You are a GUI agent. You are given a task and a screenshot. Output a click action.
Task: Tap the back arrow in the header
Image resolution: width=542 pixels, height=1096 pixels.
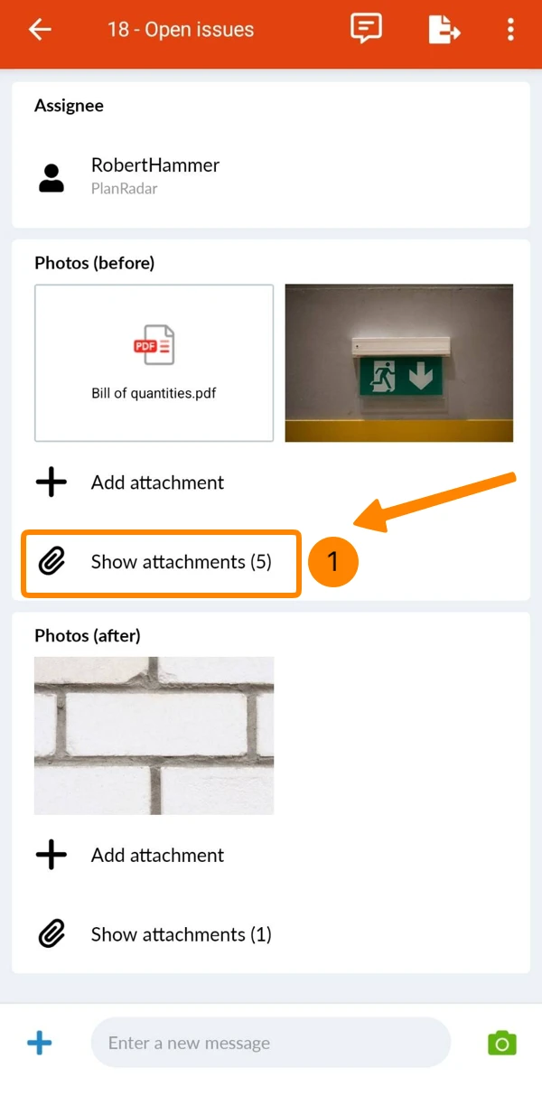click(40, 29)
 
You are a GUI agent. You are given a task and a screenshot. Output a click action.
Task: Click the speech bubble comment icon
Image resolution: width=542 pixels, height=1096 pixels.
click(366, 28)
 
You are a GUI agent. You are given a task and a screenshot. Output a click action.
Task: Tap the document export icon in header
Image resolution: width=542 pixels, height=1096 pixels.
click(444, 29)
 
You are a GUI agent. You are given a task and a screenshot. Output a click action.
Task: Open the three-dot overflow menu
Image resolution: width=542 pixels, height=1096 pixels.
click(510, 29)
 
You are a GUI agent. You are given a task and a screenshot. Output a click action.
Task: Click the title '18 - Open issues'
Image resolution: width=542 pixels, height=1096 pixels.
click(181, 29)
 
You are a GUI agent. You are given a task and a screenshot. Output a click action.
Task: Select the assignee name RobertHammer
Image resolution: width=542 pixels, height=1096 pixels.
click(155, 164)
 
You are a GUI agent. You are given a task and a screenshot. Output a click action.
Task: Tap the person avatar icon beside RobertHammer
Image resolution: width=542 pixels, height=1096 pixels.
click(51, 178)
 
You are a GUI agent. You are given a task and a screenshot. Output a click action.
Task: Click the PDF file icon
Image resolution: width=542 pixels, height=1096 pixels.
click(154, 344)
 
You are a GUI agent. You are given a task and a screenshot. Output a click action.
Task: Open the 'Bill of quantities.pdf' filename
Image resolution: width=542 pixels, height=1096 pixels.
click(154, 393)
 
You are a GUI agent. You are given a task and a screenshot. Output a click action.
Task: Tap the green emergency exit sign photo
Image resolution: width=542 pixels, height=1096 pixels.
click(399, 362)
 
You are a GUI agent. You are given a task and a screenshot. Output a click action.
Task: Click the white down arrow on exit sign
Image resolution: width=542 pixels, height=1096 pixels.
click(421, 375)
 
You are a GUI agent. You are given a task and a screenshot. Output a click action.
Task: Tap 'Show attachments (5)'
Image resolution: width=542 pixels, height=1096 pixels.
click(181, 562)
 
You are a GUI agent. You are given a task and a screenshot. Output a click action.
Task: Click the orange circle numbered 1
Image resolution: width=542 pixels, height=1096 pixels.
click(333, 561)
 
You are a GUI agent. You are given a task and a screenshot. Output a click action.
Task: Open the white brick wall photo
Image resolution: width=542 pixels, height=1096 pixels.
click(154, 735)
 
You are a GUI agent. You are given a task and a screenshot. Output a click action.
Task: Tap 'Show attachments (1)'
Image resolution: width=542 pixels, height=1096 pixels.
click(181, 934)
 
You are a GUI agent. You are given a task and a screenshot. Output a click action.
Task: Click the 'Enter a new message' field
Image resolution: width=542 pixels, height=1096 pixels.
click(270, 1043)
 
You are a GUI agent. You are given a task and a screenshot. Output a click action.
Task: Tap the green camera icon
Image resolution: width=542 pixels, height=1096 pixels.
click(502, 1043)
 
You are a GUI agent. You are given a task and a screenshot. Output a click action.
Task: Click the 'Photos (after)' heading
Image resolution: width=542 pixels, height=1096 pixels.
click(88, 635)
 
